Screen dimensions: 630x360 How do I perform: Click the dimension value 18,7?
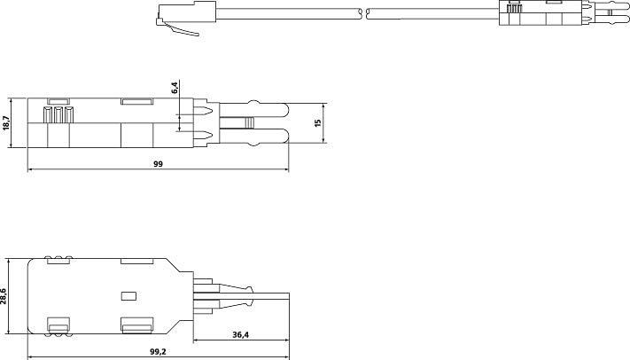[x=5, y=122]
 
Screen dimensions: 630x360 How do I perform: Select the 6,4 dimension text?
[x=175, y=88]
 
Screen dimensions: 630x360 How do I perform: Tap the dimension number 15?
[x=318, y=122]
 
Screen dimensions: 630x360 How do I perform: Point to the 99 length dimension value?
[x=159, y=164]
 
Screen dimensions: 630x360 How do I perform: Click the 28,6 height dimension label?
[x=4, y=295]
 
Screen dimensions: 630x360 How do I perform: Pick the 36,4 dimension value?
[x=241, y=334]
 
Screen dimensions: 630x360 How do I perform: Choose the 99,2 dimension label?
[x=158, y=351]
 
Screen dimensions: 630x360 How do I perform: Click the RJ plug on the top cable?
[x=186, y=16]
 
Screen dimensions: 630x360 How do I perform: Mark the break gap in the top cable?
[x=364, y=14]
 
